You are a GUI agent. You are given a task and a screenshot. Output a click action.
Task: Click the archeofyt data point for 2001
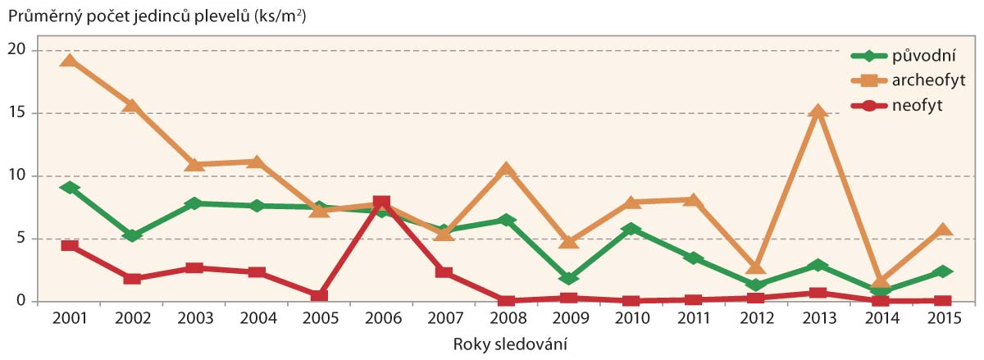pyautogui.click(x=70, y=61)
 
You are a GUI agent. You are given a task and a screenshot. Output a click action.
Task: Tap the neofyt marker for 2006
pyautogui.click(x=381, y=203)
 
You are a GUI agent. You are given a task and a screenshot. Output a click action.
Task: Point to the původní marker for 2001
pyautogui.click(x=70, y=188)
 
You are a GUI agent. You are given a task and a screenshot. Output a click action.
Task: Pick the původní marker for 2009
pyautogui.click(x=568, y=278)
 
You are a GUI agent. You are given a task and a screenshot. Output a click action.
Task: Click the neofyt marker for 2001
pyautogui.click(x=70, y=246)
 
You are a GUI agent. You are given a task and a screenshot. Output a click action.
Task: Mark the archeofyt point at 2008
pyautogui.click(x=506, y=170)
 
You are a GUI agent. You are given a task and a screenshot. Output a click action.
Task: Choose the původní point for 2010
pyautogui.click(x=631, y=230)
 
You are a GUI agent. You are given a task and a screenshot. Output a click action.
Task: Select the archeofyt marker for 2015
pyautogui.click(x=943, y=230)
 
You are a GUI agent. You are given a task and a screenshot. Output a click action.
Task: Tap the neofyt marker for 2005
pyautogui.click(x=319, y=295)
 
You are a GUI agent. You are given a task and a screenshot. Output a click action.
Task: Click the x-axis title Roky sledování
pyautogui.click(x=510, y=344)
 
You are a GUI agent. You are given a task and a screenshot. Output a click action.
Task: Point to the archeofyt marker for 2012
pyautogui.click(x=755, y=267)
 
